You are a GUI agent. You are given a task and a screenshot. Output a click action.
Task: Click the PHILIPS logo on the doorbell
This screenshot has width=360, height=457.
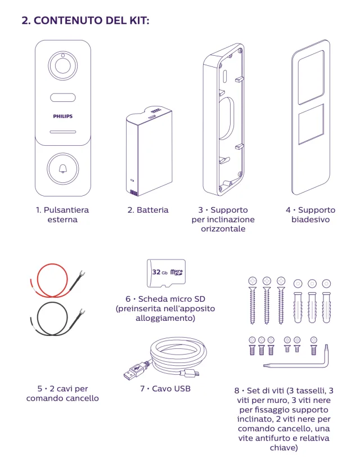point(62,116)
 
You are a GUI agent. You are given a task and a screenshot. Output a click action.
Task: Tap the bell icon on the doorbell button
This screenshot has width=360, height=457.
point(62,168)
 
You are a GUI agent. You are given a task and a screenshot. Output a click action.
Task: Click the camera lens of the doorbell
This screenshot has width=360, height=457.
point(62,66)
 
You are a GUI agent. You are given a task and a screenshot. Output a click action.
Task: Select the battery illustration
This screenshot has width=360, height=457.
point(149,151)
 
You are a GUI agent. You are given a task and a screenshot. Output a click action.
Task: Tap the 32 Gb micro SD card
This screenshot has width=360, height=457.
point(166,273)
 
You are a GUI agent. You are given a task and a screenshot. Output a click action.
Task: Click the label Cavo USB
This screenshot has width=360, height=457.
point(171,388)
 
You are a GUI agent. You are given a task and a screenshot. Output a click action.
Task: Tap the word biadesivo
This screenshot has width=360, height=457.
point(310,219)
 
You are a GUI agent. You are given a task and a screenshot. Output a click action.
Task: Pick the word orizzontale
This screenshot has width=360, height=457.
point(223,229)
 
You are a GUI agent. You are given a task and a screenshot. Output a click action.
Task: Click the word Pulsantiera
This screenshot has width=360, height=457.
point(66,210)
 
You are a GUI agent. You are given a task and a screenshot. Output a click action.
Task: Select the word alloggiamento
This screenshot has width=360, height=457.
point(165,318)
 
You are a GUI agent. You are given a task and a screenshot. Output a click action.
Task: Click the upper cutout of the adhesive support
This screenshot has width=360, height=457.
point(311,77)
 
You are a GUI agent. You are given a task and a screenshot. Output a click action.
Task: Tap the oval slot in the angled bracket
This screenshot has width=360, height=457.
point(226,118)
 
